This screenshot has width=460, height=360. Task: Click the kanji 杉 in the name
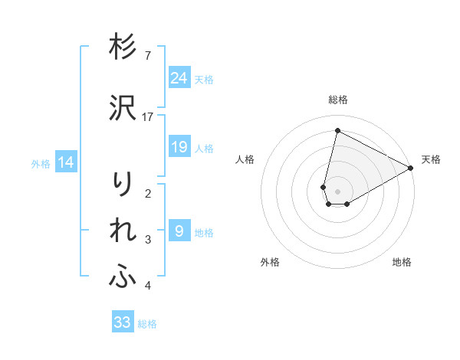pos(122,47)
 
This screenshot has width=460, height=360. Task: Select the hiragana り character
pos(122,185)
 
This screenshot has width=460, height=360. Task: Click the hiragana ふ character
pos(122,277)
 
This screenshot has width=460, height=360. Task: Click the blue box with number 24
pos(179,77)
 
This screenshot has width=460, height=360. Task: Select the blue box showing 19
pos(179,147)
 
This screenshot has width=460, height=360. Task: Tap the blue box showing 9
pos(179,231)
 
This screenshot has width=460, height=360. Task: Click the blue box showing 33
pos(123,322)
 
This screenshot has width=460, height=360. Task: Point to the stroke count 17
pos(148,117)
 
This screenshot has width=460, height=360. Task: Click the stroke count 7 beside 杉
pos(148,56)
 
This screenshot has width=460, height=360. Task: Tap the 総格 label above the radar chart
pos(338,100)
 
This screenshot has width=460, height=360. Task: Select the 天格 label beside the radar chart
pos(431,159)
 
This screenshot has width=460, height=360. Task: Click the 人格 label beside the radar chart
pos(245,159)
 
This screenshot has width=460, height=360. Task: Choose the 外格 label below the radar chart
pos(270,262)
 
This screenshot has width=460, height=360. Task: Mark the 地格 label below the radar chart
pos(402,262)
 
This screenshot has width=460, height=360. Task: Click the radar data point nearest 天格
pos(411,168)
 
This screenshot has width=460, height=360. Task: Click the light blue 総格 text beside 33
pos(147,324)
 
